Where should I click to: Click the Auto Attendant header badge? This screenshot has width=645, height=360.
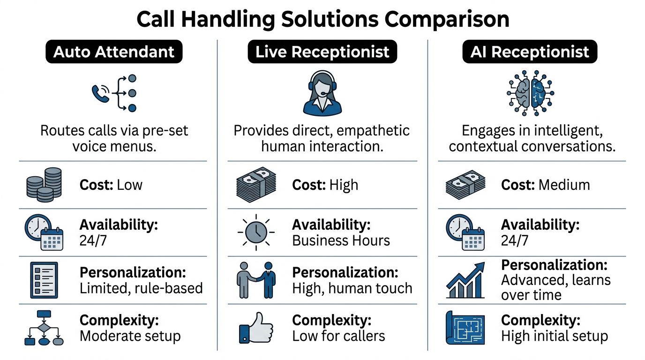[113, 52]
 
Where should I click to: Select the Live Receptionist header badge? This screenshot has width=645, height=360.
[322, 52]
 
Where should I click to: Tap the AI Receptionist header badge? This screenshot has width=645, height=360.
[530, 52]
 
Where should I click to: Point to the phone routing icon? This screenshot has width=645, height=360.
[115, 93]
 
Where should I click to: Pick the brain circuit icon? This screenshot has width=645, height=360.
[531, 93]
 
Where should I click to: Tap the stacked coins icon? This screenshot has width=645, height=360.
[44, 185]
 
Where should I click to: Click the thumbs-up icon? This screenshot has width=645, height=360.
[254, 328]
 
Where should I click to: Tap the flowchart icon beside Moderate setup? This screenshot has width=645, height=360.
[44, 328]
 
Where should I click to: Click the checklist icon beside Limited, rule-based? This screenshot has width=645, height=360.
[44, 280]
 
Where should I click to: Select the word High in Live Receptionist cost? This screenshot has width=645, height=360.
[343, 185]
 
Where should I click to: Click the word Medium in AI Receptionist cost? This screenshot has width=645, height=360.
[564, 185]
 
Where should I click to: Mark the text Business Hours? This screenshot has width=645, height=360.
[341, 240]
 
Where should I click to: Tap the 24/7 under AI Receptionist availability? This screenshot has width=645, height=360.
[514, 240]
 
